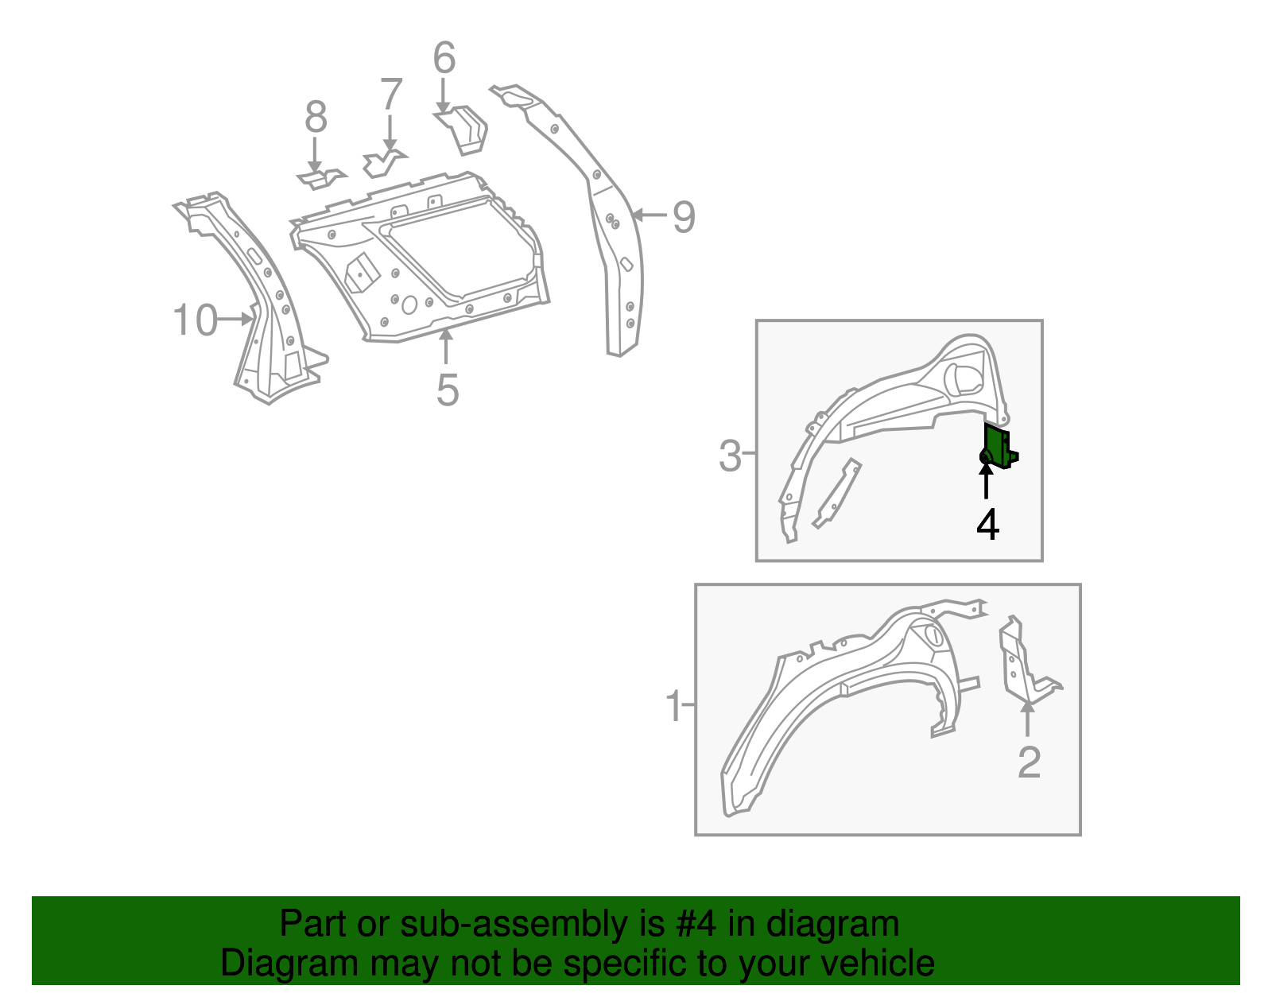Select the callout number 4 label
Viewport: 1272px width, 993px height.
click(x=987, y=525)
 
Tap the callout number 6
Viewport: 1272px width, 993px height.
click(x=444, y=58)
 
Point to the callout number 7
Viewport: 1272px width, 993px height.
click(x=391, y=94)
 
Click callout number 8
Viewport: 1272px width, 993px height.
click(x=316, y=118)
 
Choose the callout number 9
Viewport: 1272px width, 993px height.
click(x=684, y=217)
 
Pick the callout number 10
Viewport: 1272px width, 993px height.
click(x=195, y=320)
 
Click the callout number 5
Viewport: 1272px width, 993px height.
click(x=448, y=390)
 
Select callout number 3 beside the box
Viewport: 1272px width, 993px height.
click(x=730, y=456)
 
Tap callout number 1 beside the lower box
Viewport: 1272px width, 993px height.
click(x=673, y=706)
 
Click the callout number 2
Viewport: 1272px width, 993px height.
click(x=1029, y=762)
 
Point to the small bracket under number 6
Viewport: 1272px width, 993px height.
click(x=463, y=130)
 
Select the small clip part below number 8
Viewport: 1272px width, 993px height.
click(x=322, y=178)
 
